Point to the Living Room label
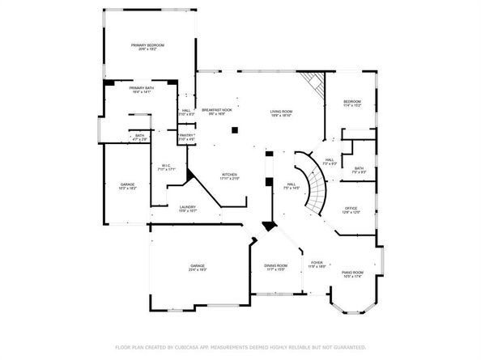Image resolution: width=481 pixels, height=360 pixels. [x=281, y=112]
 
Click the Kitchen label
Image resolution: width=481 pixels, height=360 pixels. [x=231, y=176]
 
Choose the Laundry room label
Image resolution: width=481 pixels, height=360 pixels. [x=188, y=209]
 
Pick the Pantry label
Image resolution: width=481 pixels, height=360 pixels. [x=186, y=137]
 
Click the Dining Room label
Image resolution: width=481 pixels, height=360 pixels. [x=275, y=267]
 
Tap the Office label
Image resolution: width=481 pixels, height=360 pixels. [x=350, y=210]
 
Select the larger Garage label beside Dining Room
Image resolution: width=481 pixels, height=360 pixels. [x=197, y=267]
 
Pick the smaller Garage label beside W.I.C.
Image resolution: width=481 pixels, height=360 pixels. [x=128, y=186]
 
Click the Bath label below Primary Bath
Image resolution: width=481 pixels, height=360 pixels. [x=139, y=138]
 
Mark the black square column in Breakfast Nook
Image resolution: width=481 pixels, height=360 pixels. [x=234, y=129]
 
